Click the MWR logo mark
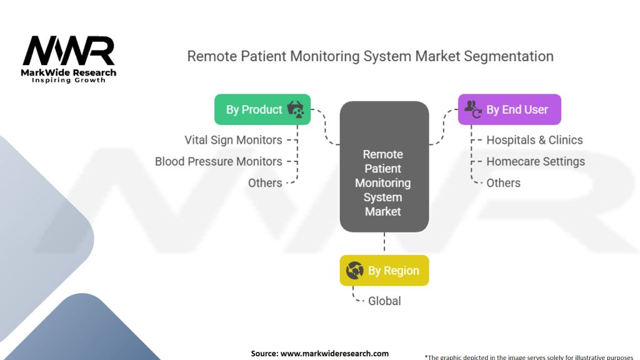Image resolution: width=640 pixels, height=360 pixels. (69, 51)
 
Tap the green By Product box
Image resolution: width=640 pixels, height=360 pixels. (262, 109)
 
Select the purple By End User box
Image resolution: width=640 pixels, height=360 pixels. (509, 109)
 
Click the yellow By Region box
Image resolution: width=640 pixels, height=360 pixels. (384, 270)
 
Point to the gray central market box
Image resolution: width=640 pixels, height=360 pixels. (384, 166)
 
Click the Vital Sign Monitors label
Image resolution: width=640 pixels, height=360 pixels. (233, 140)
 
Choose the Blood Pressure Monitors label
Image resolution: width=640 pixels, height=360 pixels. (218, 162)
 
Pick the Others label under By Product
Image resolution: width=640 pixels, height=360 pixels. (265, 183)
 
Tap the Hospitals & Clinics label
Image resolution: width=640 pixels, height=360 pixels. (534, 140)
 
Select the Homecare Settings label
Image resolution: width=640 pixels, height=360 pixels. (536, 162)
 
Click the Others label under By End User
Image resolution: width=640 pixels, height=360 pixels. (503, 183)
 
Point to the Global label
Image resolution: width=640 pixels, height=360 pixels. (384, 301)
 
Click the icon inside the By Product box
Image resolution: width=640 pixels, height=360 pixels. (296, 109)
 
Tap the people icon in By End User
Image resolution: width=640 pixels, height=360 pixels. (473, 109)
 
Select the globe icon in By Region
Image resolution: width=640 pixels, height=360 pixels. (355, 270)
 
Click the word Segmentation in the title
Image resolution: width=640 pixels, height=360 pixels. (509, 56)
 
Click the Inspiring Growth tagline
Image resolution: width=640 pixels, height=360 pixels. (69, 81)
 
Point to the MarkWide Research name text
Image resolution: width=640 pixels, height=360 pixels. (69, 72)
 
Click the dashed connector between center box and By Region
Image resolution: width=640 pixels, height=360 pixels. (384, 244)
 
